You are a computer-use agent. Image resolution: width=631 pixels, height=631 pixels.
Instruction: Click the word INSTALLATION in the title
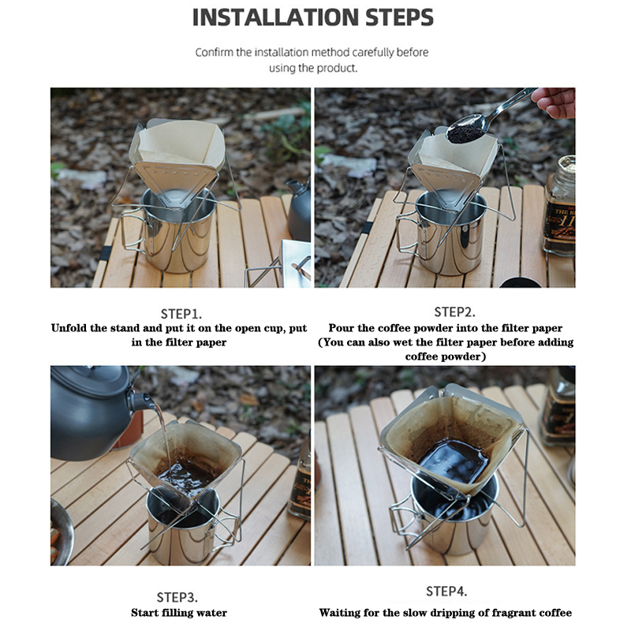[275, 17]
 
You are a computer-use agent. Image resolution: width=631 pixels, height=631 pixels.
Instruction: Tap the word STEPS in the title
[400, 17]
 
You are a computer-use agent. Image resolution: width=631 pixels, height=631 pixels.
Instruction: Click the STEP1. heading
[181, 314]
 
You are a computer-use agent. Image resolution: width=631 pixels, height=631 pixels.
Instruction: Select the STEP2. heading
[455, 312]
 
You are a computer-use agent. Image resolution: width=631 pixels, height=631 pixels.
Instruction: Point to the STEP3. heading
[177, 597]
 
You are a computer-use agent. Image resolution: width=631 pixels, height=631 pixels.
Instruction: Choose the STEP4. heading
[446, 592]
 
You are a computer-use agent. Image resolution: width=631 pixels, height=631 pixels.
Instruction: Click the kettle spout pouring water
[142, 401]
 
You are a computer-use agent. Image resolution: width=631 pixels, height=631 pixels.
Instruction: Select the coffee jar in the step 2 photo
[559, 206]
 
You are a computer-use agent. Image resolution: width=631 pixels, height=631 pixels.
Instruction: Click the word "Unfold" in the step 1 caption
[69, 328]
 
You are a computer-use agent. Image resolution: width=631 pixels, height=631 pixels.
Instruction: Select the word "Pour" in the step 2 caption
[342, 328]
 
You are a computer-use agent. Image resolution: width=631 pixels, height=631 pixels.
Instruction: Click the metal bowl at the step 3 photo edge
[62, 531]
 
